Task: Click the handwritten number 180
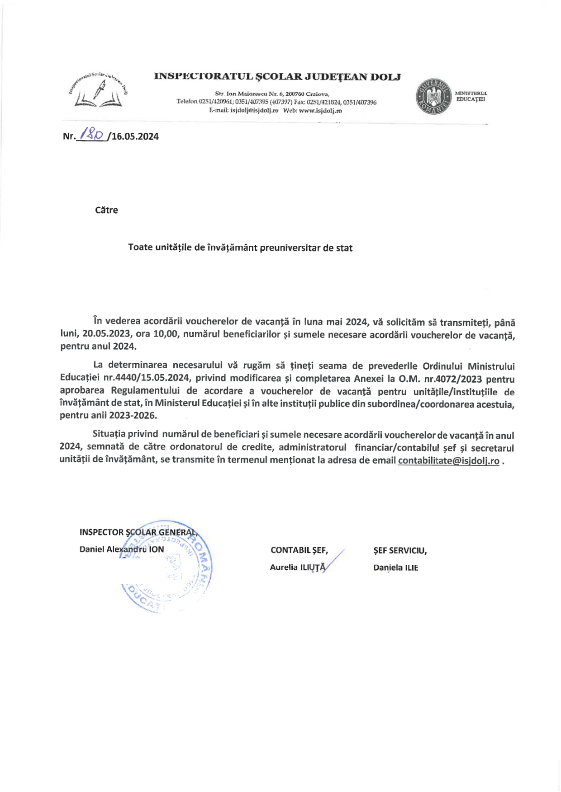92,134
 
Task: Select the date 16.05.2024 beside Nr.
135,137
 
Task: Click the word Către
106,210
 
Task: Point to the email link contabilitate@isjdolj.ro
448,461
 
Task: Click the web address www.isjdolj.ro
320,111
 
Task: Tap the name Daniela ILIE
395,568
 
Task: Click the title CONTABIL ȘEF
299,550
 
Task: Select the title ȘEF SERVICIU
399,550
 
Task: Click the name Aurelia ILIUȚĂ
297,567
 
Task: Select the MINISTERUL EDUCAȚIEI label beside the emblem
471,96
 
